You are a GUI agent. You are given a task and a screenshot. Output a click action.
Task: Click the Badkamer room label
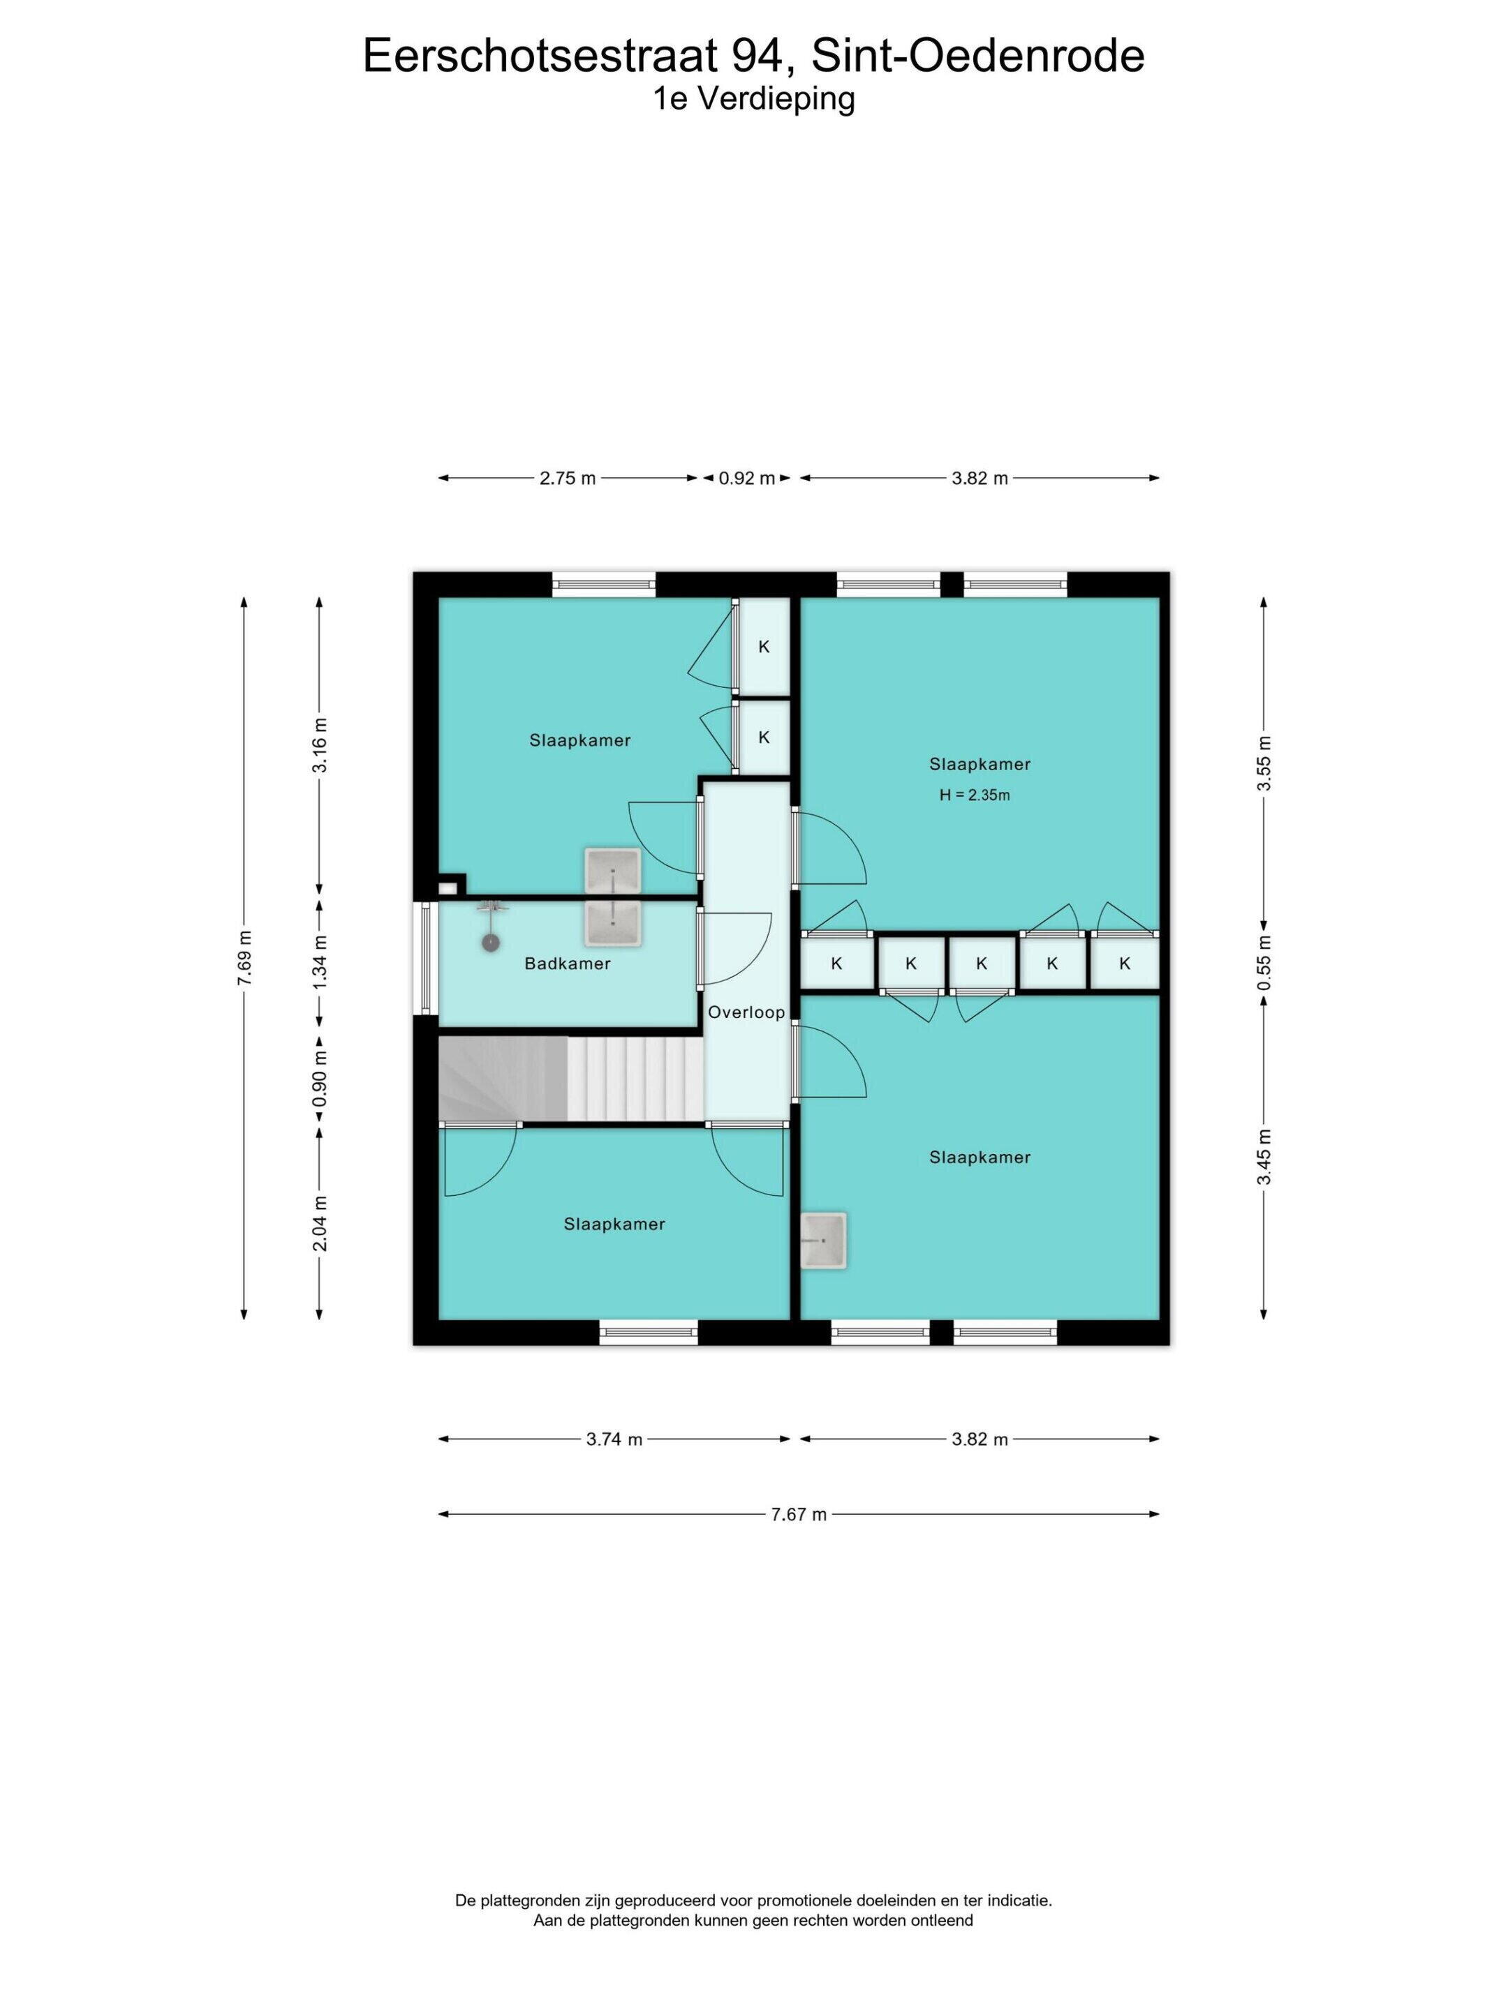pyautogui.click(x=568, y=964)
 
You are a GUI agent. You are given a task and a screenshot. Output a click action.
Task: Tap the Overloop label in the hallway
pyautogui.click(x=746, y=1012)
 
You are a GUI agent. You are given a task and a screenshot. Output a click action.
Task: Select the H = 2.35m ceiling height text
pyautogui.click(x=975, y=795)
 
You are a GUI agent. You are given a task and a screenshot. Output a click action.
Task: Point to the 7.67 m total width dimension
pyautogui.click(x=798, y=1514)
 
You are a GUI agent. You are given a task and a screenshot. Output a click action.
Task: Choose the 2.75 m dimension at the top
pyautogui.click(x=568, y=478)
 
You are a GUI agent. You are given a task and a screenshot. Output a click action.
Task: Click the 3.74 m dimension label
pyautogui.click(x=614, y=1439)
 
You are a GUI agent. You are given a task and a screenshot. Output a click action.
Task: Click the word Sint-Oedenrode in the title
pyautogui.click(x=978, y=56)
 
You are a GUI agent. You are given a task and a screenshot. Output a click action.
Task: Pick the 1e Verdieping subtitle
pyautogui.click(x=754, y=99)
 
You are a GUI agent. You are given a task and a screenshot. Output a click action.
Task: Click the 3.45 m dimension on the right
pyautogui.click(x=1264, y=1158)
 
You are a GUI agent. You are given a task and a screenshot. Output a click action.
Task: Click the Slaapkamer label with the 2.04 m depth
pyautogui.click(x=614, y=1224)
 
